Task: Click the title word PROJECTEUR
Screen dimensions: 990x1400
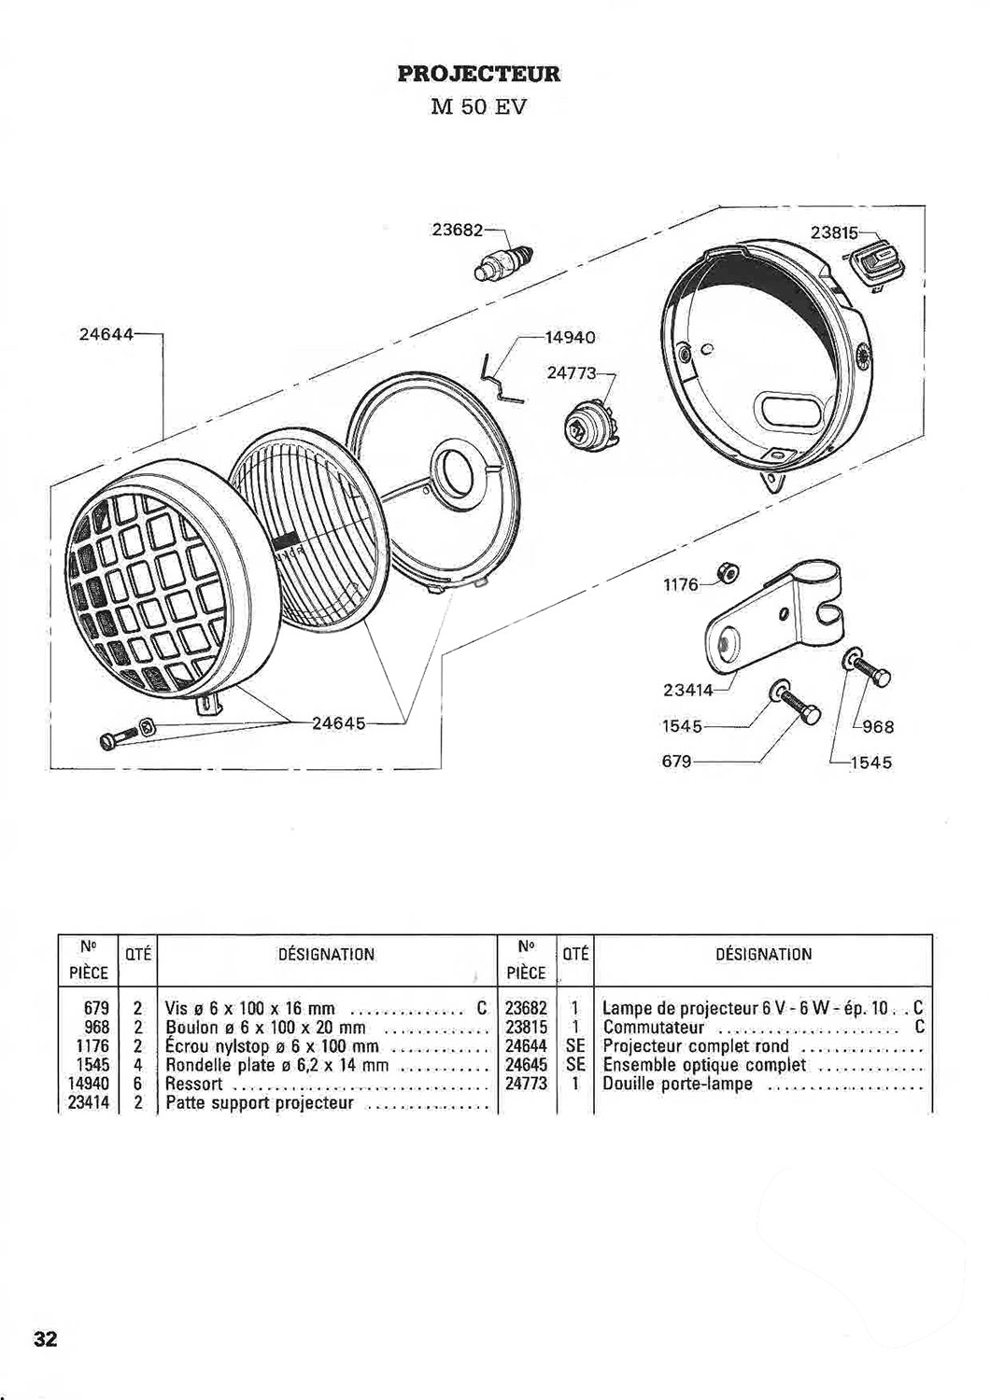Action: tap(479, 74)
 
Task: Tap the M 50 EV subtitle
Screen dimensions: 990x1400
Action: tap(478, 107)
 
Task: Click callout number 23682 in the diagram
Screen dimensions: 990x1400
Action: tap(457, 231)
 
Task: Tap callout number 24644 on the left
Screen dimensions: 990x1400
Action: tap(106, 334)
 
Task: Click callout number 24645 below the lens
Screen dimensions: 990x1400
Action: tap(339, 725)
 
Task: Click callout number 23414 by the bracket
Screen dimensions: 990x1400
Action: tap(688, 690)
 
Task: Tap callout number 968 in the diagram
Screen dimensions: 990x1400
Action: tap(878, 727)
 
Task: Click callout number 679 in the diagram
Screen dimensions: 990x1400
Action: tap(676, 762)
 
